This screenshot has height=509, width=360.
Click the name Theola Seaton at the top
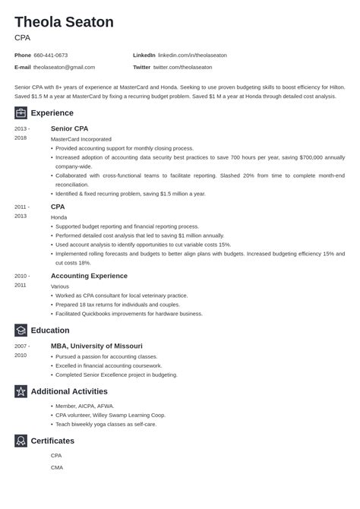tap(64, 22)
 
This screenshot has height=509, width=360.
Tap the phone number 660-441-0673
tap(51, 55)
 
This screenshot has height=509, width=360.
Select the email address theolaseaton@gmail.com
tap(65, 67)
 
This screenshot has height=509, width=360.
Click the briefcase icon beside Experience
tap(21, 112)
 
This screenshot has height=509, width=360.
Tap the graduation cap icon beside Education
tap(21, 330)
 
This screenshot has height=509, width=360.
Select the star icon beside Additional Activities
tap(21, 391)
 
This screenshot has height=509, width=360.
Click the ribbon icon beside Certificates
tap(21, 441)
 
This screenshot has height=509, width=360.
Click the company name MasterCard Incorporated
tap(81, 139)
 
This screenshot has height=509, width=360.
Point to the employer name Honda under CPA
tap(58, 217)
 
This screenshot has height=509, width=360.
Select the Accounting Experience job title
tap(89, 276)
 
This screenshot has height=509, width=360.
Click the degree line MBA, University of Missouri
tap(96, 346)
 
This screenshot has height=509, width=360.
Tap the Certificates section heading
tap(52, 441)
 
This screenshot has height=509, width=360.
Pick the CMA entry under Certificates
tap(56, 467)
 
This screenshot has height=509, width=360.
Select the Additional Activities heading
tap(69, 391)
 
